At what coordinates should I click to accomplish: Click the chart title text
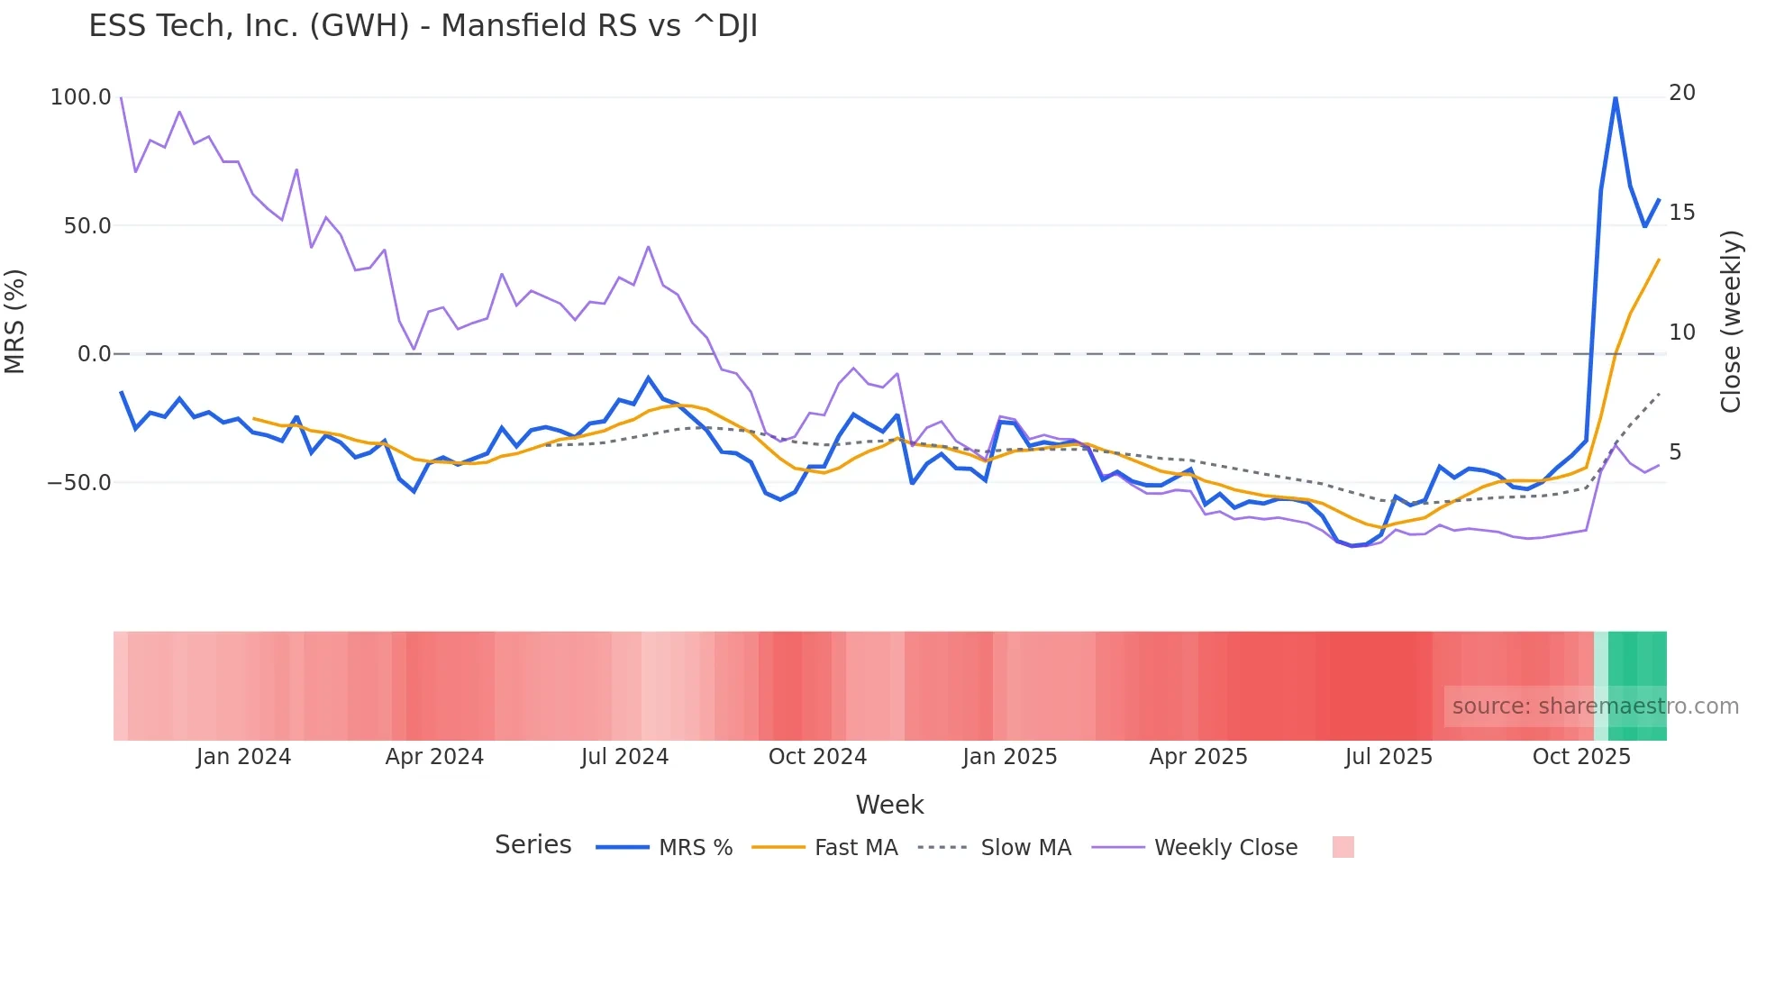coord(423,26)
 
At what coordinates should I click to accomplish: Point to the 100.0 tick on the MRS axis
coord(81,97)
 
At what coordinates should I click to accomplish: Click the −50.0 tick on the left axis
coord(79,483)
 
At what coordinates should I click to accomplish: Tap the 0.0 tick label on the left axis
coord(94,354)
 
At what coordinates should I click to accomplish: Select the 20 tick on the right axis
coord(1681,93)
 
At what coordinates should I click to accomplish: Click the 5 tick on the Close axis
coord(1674,452)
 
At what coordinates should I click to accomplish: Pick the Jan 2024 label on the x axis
coord(243,757)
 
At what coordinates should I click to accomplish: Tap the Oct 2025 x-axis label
coord(1581,757)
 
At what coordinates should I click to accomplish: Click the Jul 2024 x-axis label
coord(624,757)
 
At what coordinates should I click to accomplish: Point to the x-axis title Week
coord(889,805)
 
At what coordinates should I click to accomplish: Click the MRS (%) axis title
coord(15,322)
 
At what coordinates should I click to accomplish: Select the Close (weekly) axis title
coord(1731,322)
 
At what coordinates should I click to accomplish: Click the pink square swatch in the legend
coord(1343,848)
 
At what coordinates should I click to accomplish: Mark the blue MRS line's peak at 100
coord(1616,97)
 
